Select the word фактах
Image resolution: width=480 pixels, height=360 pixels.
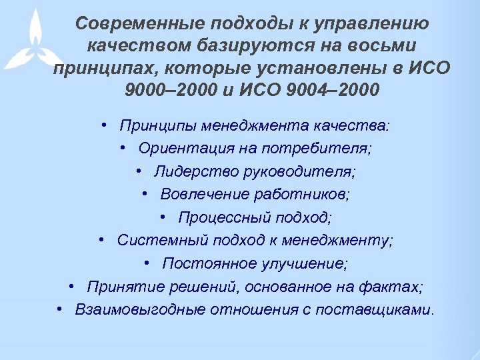tap(399, 287)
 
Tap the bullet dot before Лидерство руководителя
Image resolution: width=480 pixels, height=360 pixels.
tap(137, 171)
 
